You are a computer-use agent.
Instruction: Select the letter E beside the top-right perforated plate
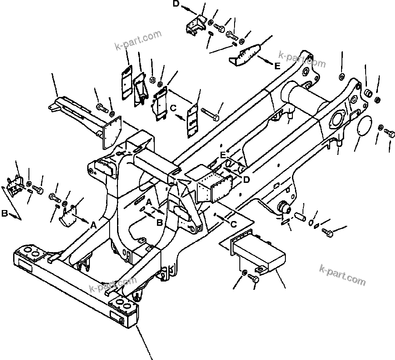pos(277,67)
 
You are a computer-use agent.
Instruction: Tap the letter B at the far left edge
pos(4,214)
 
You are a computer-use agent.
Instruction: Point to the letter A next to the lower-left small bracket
pos(93,225)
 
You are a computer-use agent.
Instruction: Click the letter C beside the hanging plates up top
pos(173,107)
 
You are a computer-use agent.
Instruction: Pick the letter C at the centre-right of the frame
pos(234,224)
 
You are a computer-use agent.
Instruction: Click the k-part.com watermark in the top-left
pos(138,40)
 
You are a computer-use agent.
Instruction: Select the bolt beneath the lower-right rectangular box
pos(253,277)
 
